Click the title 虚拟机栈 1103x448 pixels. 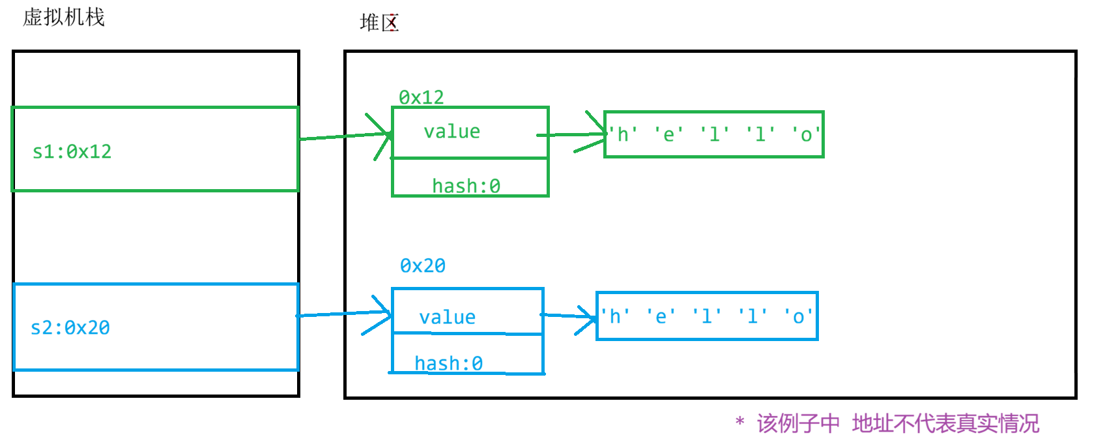(64, 17)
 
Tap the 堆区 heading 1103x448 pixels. (379, 23)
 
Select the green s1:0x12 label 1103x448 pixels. (72, 151)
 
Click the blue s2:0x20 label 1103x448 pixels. (70, 327)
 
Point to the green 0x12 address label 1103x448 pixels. (422, 97)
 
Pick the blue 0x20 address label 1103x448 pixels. (423, 265)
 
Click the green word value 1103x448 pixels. (451, 132)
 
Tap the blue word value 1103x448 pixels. (447, 318)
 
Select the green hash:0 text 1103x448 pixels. (466, 187)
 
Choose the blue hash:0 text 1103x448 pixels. (448, 363)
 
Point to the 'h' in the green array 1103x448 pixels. (623, 135)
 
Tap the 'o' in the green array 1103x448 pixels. (806, 135)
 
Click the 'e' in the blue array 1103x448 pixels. (661, 317)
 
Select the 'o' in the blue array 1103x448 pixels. (798, 317)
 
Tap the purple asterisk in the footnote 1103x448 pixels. (739, 422)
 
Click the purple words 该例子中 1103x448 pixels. (798, 424)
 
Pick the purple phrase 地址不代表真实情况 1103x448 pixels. (945, 424)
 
